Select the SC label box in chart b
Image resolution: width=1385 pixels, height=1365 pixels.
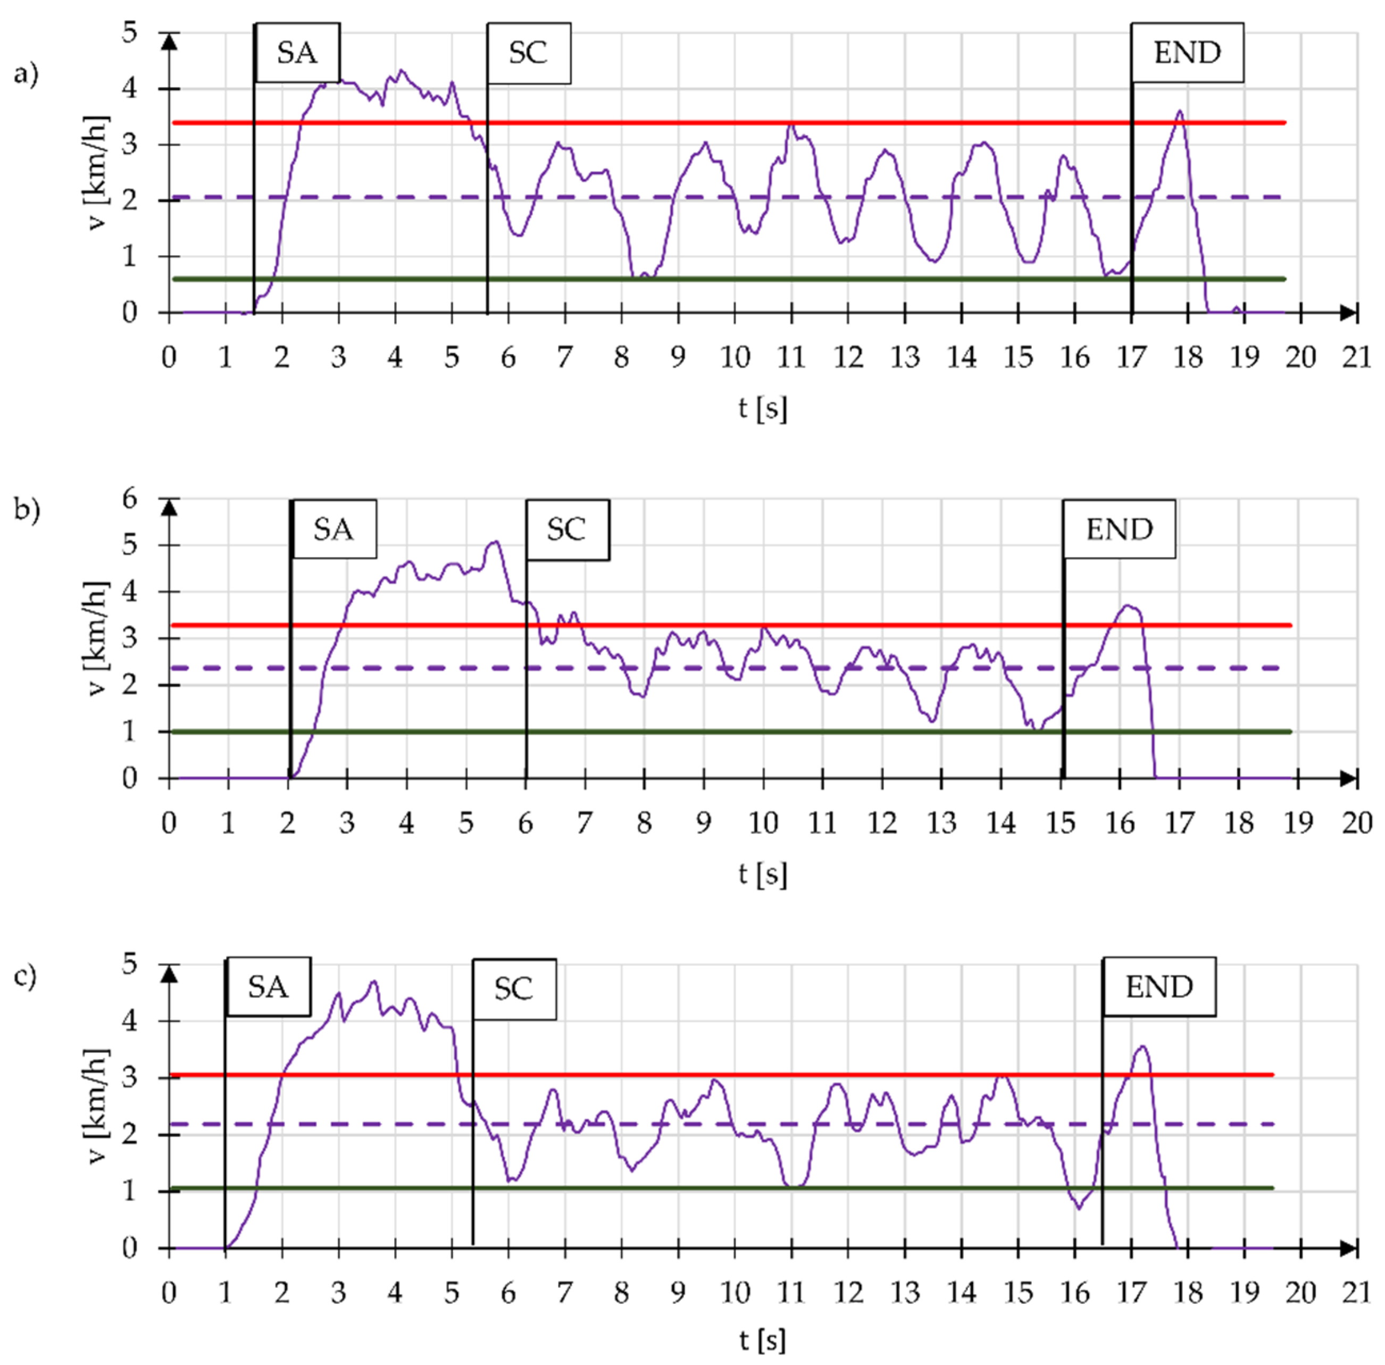tap(567, 529)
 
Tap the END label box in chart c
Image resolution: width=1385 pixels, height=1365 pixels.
tap(1158, 987)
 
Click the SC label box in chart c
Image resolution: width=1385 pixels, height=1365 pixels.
tap(514, 989)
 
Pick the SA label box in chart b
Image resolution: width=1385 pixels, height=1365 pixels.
tap(333, 529)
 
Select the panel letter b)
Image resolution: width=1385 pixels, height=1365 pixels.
tap(27, 510)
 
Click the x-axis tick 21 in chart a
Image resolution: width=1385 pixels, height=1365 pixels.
tap(1356, 357)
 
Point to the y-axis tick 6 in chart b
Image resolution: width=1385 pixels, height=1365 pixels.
tap(130, 499)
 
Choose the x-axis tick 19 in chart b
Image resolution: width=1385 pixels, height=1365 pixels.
tap(1298, 823)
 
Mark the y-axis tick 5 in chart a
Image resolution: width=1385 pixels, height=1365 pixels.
tap(130, 33)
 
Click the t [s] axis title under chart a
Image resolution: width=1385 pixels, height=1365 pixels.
tap(763, 408)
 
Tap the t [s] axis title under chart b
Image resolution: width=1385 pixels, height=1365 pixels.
tap(763, 874)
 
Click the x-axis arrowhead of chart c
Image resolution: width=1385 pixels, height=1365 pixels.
tap(1348, 1248)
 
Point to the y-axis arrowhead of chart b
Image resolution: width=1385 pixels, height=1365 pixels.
tap(169, 508)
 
